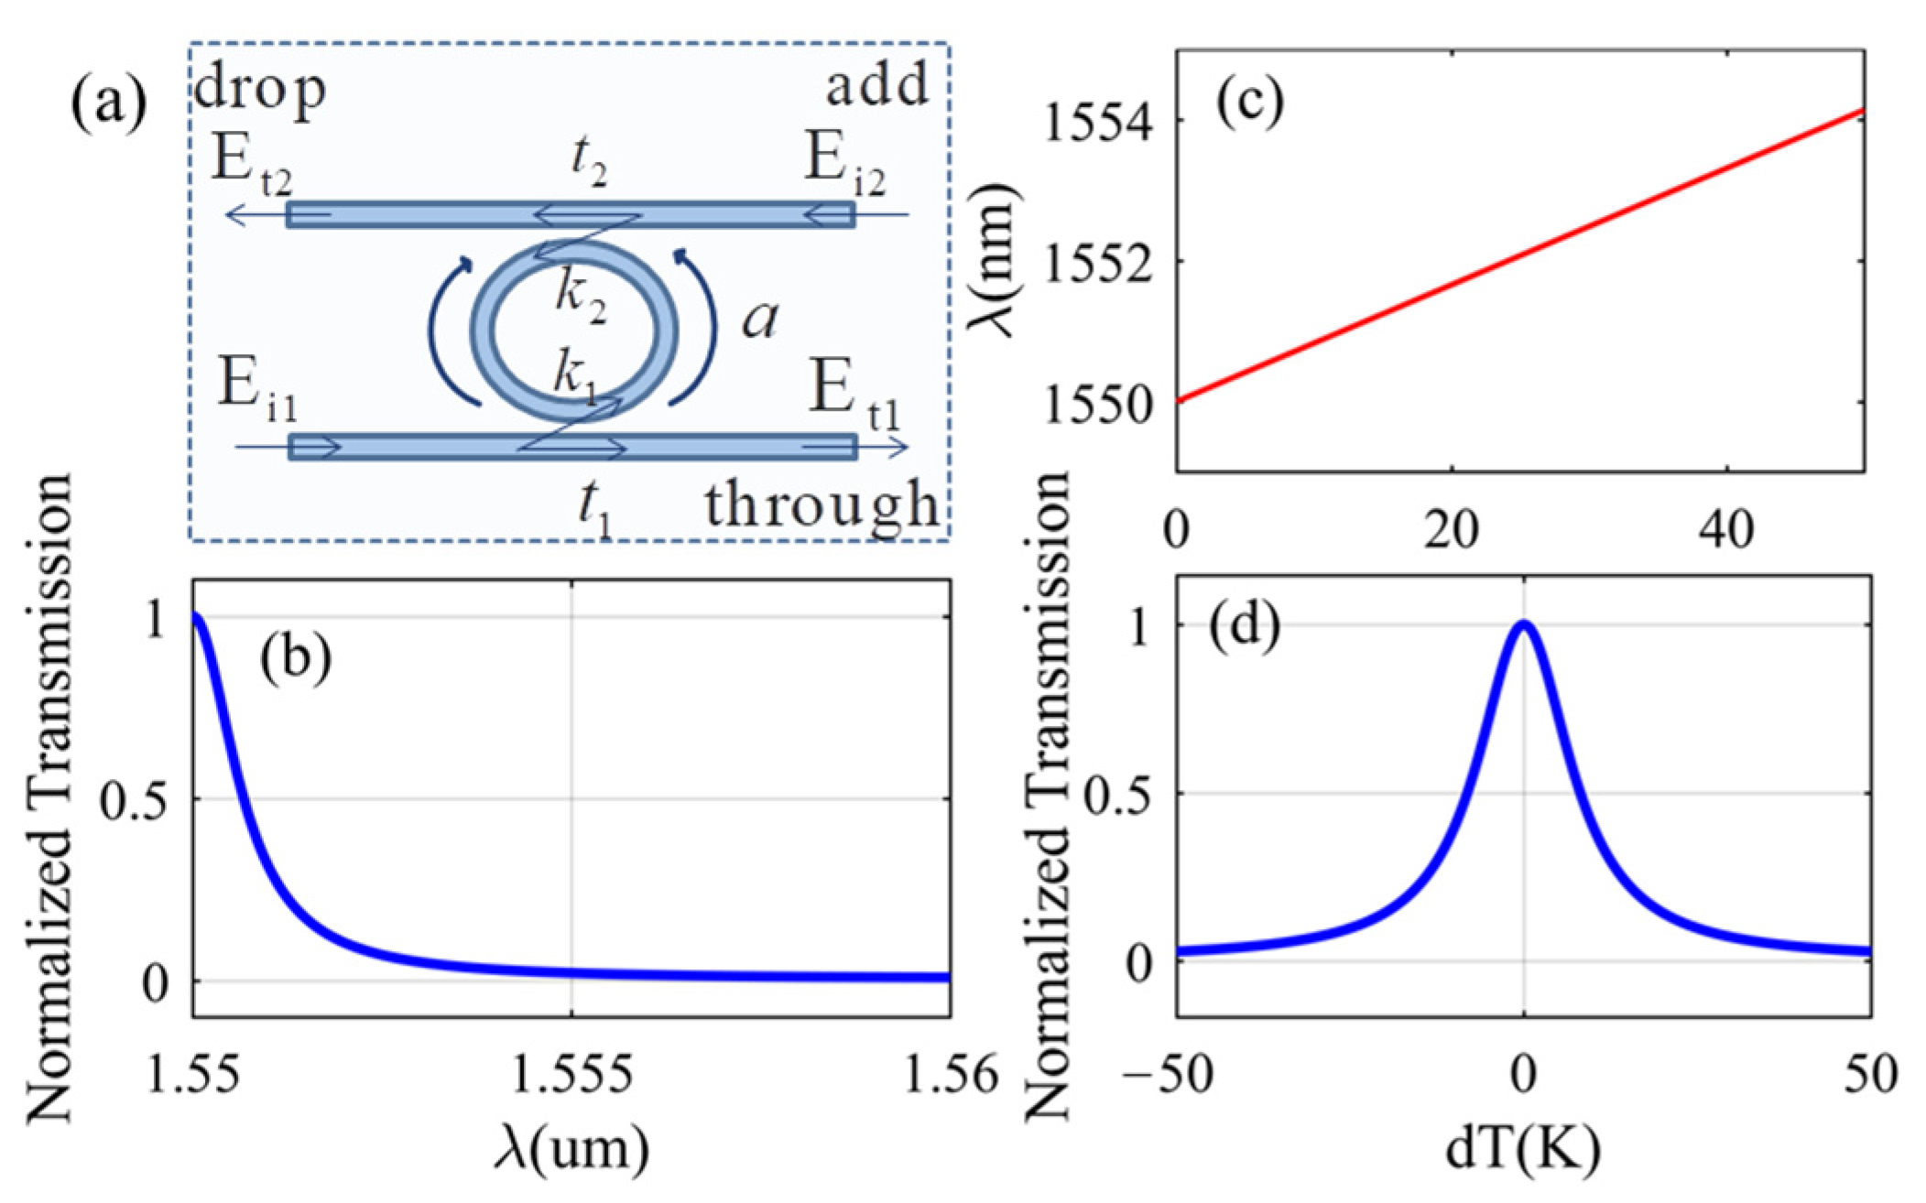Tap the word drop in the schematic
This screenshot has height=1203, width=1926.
(x=260, y=91)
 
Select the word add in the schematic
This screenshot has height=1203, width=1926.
(x=876, y=86)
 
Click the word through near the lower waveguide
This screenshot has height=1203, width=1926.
(x=822, y=505)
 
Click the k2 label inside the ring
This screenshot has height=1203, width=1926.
(x=582, y=298)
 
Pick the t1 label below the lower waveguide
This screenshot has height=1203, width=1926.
(x=595, y=509)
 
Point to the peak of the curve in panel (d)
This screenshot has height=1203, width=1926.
(x=1524, y=626)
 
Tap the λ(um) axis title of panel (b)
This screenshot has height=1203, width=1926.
(x=571, y=1147)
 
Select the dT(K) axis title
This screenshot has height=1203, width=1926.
(x=1524, y=1147)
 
